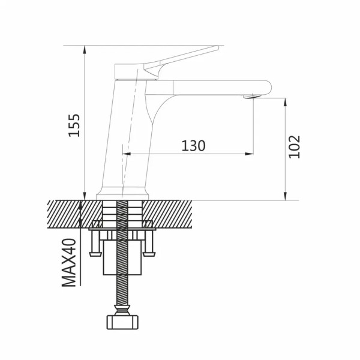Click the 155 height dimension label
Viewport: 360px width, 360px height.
(74, 125)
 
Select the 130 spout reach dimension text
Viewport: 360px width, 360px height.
(194, 146)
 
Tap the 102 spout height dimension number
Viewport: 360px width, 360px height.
(295, 147)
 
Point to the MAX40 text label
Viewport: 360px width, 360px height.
(69, 263)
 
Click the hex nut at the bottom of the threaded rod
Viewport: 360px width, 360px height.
(122, 322)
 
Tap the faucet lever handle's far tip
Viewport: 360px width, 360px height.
(217, 47)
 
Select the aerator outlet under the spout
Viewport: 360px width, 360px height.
(251, 97)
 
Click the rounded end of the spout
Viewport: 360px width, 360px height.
(269, 88)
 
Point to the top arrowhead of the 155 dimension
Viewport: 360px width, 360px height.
(85, 50)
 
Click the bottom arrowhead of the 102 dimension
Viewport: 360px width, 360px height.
(285, 196)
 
